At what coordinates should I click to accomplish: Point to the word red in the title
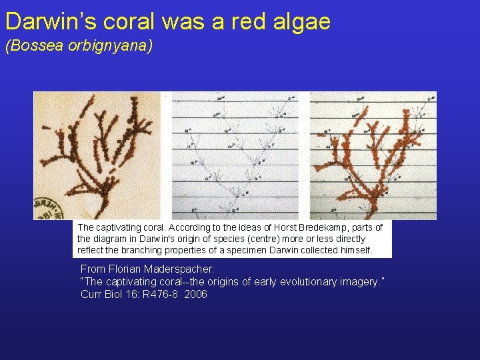(x=249, y=21)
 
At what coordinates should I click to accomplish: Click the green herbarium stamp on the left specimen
(x=47, y=207)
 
